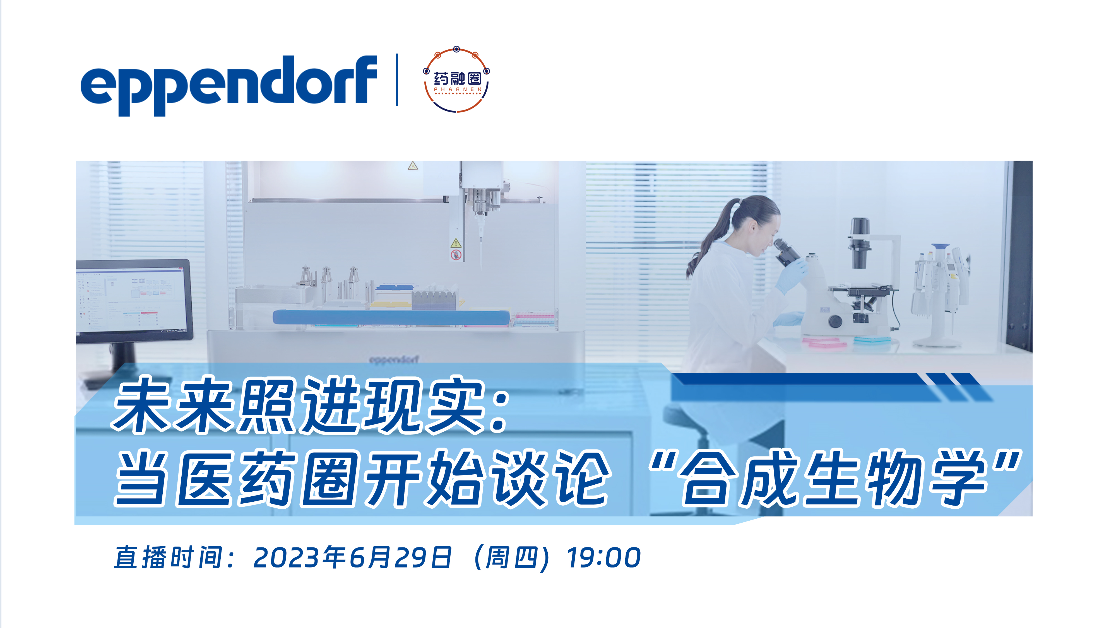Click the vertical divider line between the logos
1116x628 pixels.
397,80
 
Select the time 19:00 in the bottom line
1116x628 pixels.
603,557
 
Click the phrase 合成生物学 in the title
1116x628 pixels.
834,479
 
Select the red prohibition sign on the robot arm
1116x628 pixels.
456,255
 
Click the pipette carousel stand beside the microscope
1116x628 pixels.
940,294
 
